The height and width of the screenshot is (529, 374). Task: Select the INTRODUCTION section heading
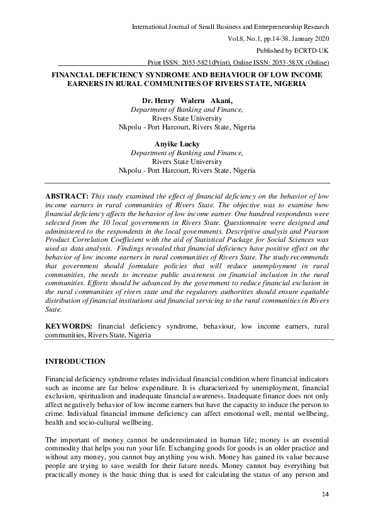point(75,361)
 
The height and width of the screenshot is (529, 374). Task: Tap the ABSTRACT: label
point(67,196)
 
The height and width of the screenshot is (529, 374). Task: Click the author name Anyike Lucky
point(177,144)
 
